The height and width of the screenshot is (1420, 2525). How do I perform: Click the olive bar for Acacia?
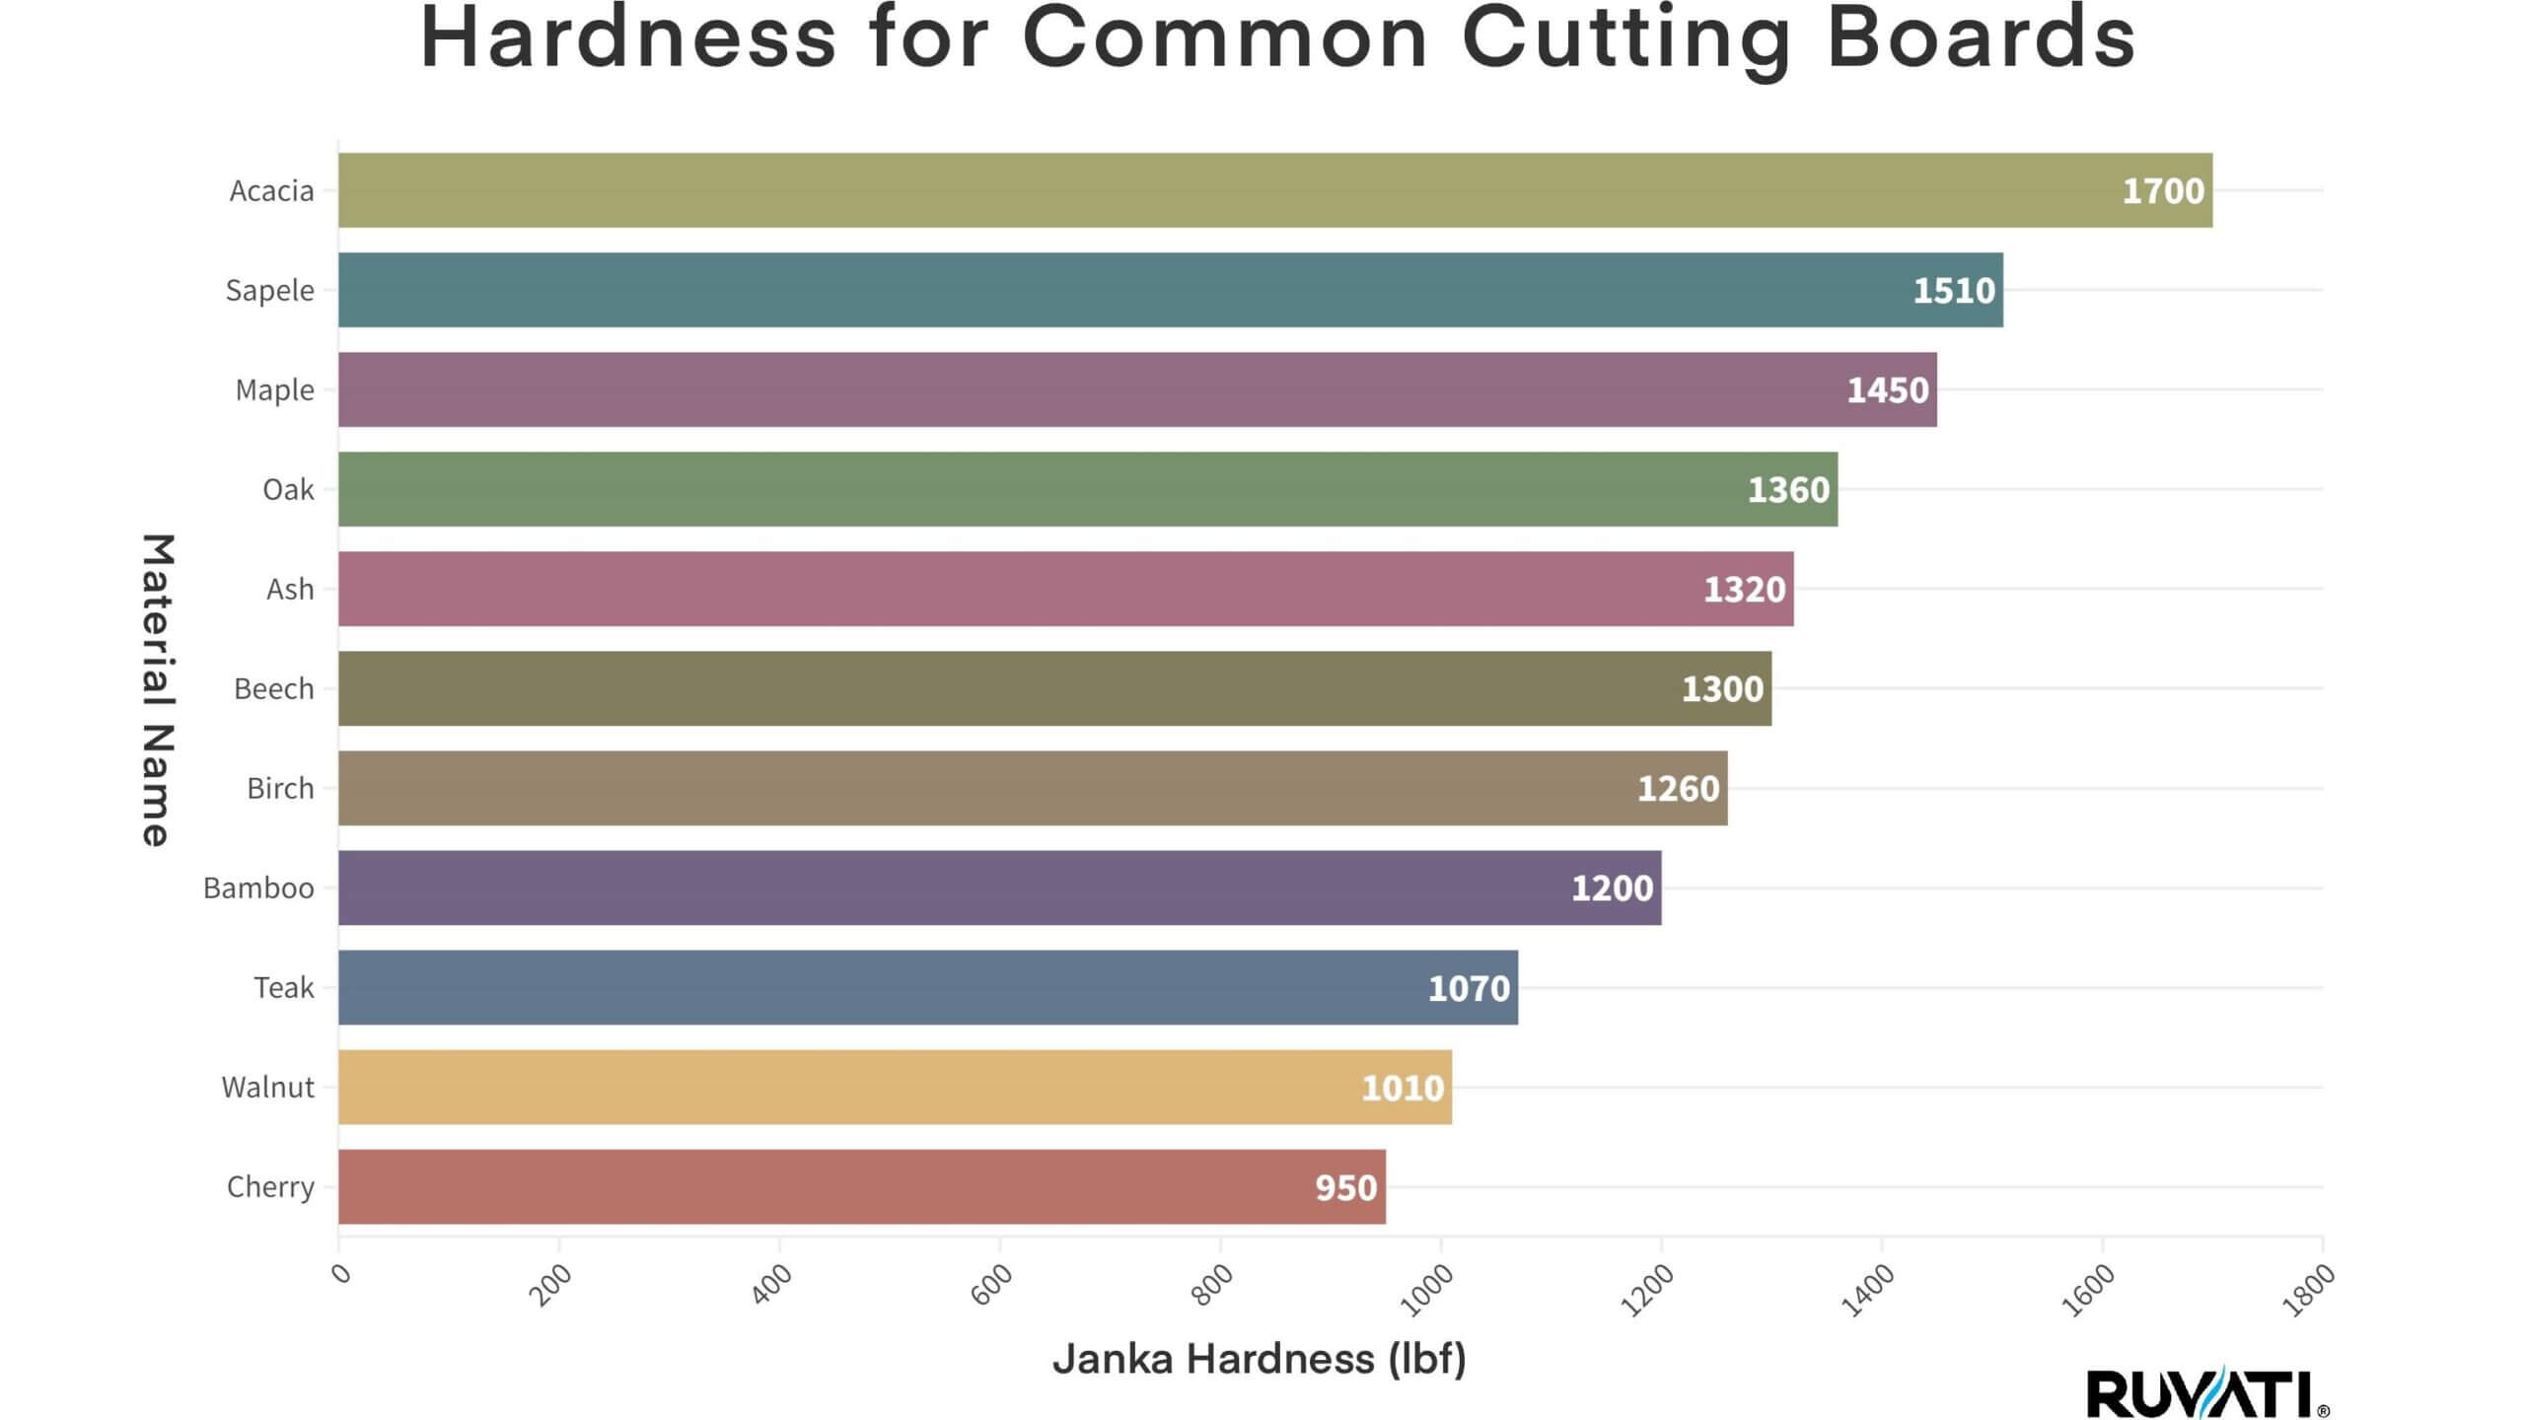(x=1184, y=190)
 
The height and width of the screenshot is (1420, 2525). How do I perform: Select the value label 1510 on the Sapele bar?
(x=1953, y=290)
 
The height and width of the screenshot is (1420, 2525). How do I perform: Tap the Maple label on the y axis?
(x=274, y=390)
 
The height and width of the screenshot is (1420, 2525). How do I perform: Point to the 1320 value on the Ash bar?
(x=1744, y=590)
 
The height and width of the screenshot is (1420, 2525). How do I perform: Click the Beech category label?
(x=273, y=689)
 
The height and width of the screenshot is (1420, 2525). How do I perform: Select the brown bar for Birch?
(x=986, y=788)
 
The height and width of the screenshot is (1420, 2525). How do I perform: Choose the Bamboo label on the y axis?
(x=258, y=888)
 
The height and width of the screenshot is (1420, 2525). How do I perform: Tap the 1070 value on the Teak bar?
(x=1469, y=988)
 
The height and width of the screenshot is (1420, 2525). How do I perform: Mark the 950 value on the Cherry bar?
(x=1345, y=1187)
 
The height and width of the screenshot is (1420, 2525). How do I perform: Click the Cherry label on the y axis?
(x=270, y=1186)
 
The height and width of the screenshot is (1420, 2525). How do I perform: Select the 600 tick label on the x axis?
(x=991, y=1284)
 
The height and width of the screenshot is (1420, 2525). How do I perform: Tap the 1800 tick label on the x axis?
(x=2309, y=1290)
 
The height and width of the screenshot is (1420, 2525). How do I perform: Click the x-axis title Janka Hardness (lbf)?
(x=1259, y=1359)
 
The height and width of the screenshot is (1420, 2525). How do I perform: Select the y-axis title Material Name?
(x=158, y=689)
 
